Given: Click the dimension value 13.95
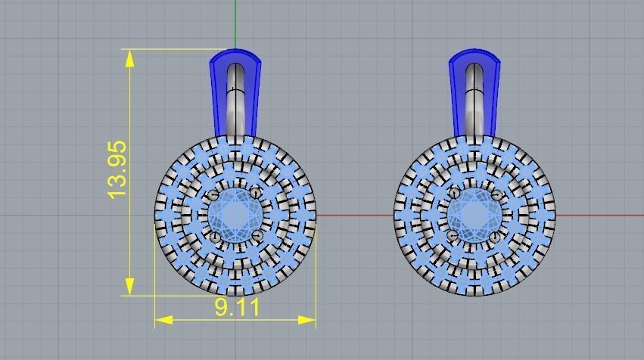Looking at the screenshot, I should coord(117,170).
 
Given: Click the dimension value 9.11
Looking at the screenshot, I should coord(237,307).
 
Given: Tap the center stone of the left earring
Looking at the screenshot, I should coord(235,215).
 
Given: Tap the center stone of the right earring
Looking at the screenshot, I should coord(475,215).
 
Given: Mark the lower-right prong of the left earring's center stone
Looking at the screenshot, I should coord(257,237).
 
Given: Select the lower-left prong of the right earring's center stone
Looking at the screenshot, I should coord(454,237).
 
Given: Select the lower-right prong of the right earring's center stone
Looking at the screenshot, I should coord(496,237).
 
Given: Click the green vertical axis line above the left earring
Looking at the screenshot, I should coord(235,23).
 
